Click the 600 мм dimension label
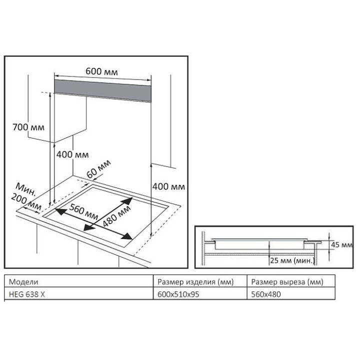click(101, 71)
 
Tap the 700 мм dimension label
click(28, 127)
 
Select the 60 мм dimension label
click(99, 169)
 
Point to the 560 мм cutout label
click(83, 211)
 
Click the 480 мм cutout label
click(116, 215)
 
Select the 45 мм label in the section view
click(341, 244)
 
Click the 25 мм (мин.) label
click(292, 260)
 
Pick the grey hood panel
click(102, 90)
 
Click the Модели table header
click(23, 281)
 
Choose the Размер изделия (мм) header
click(195, 281)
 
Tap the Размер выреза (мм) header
click(287, 281)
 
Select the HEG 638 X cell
click(26, 294)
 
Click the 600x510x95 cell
click(178, 294)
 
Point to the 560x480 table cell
click(266, 294)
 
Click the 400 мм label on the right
click(169, 186)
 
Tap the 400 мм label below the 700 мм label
click(72, 154)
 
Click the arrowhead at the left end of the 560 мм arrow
click(59, 211)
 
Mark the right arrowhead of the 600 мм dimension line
click(149, 80)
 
